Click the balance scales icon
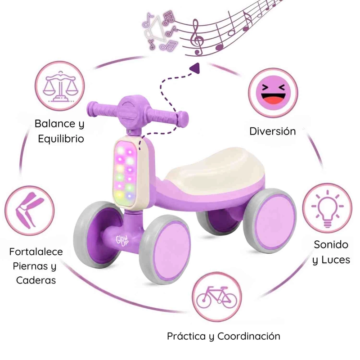pos(60,86)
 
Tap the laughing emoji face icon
pos(273,93)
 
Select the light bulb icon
pos(328,209)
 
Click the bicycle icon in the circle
pos(217,297)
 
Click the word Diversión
pos(273,131)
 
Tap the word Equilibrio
pos(61,139)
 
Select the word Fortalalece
pos(36,252)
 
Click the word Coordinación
pos(249,336)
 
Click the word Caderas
pos(36,280)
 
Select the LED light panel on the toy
pos(125,173)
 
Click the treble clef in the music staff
pos(197,37)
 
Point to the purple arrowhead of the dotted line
pos(195,69)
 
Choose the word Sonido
pos(331,244)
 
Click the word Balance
pos(55,123)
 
